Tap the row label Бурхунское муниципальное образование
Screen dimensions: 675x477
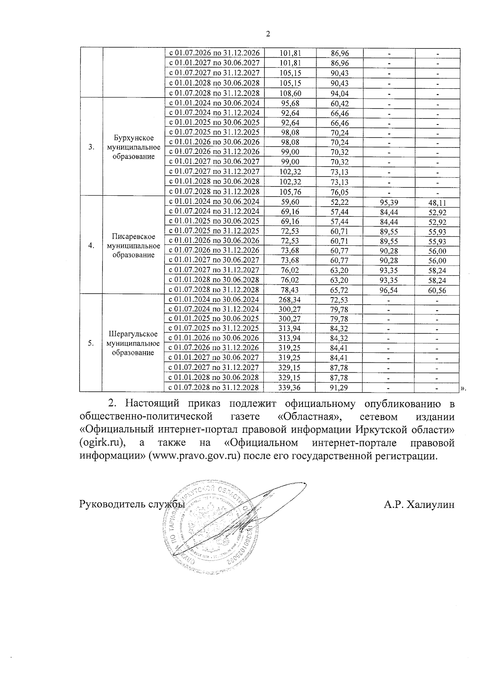pyautogui.click(x=134, y=147)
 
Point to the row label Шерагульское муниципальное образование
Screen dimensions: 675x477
pyautogui.click(x=134, y=343)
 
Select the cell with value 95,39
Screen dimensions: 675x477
pyautogui.click(x=389, y=202)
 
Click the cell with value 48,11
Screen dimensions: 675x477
pyautogui.click(x=437, y=202)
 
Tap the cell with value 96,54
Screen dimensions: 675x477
pyautogui.click(x=389, y=290)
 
